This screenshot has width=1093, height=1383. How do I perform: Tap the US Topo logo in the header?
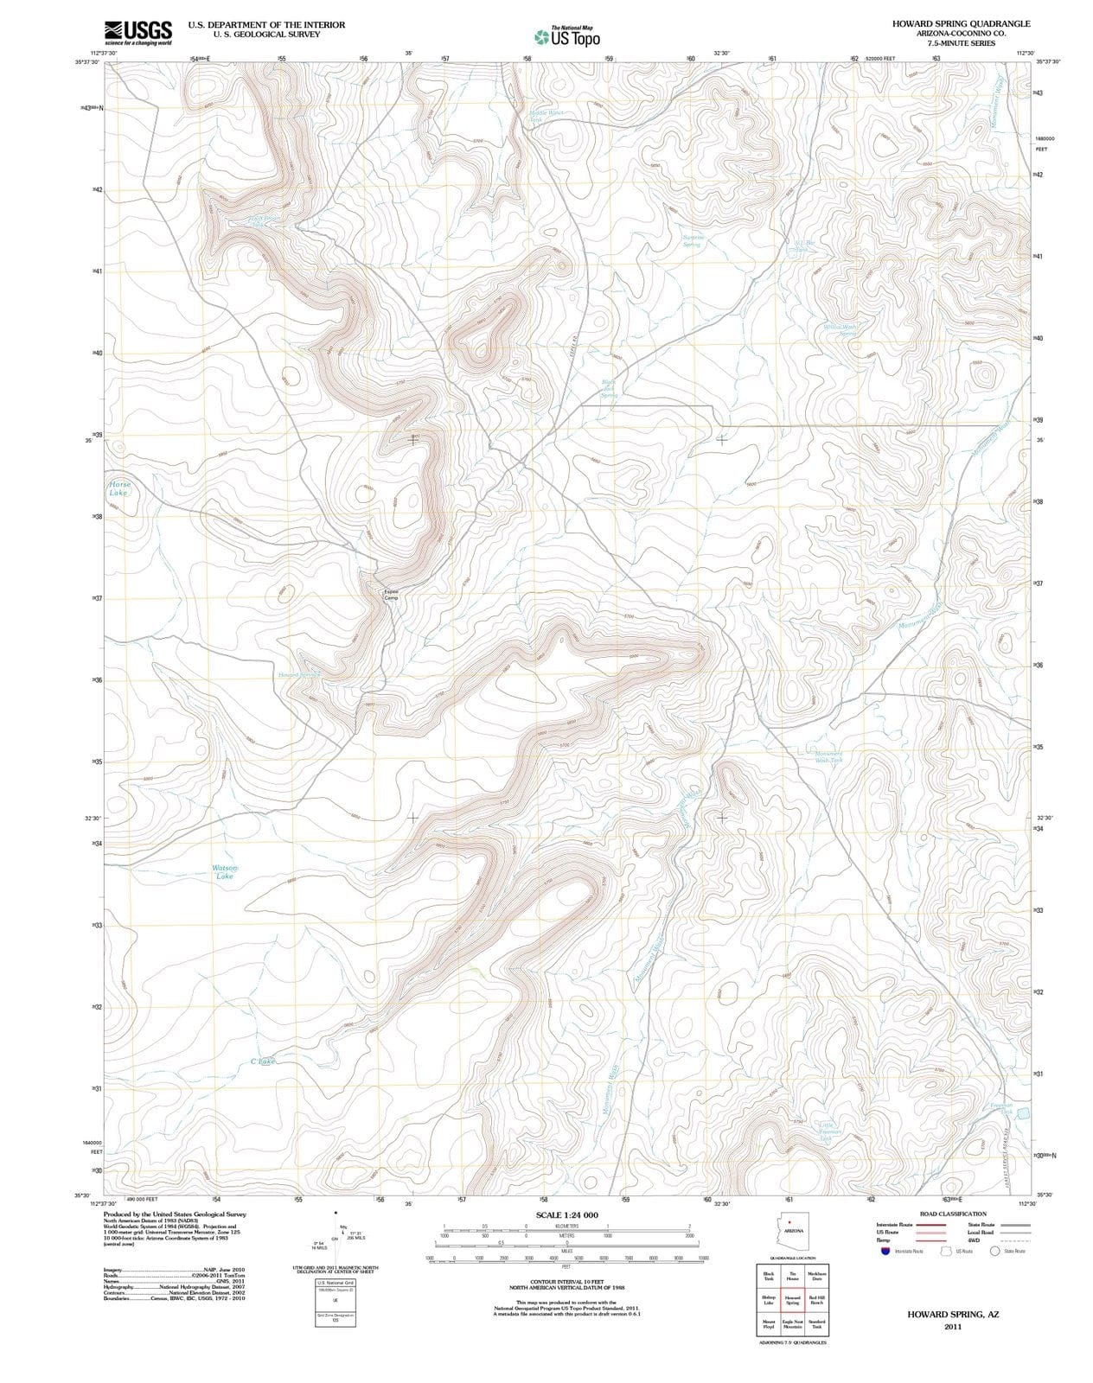click(x=566, y=37)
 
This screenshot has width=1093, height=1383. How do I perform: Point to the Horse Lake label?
click(x=119, y=488)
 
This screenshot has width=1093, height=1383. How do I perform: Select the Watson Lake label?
click(x=224, y=872)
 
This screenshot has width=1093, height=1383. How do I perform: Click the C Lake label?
click(x=262, y=1061)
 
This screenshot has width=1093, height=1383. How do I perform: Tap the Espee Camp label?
click(x=391, y=595)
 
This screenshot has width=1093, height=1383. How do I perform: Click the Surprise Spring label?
click(x=693, y=240)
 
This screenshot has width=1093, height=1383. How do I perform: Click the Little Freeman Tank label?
click(x=831, y=1131)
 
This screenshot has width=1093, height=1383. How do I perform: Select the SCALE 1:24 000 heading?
click(x=566, y=1215)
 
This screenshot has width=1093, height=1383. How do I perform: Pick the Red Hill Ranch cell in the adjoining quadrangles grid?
click(x=816, y=1300)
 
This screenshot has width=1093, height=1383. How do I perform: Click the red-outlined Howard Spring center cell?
click(x=792, y=1300)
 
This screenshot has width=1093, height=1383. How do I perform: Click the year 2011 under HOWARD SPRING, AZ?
click(x=953, y=1326)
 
